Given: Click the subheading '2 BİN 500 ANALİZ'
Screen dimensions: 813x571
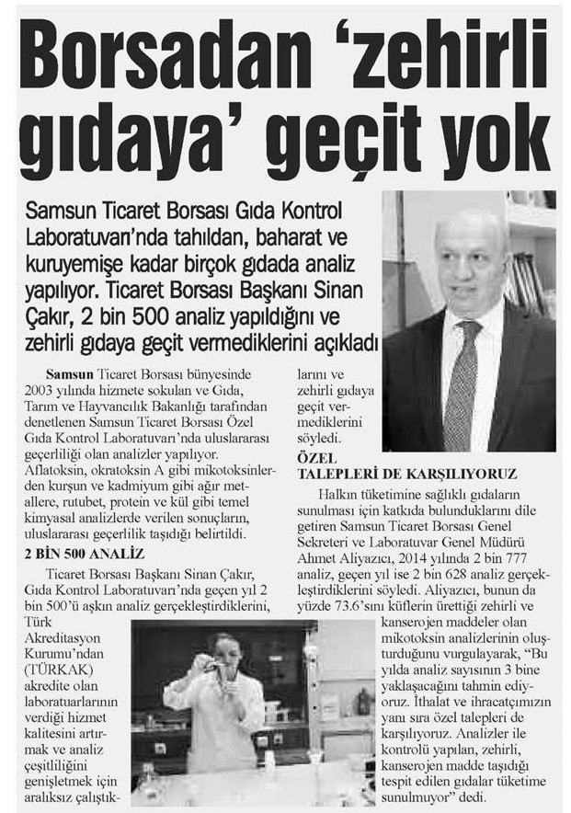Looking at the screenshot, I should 84,553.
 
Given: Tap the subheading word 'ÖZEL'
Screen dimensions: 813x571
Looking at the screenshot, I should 316,458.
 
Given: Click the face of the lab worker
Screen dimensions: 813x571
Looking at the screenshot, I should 227,653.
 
